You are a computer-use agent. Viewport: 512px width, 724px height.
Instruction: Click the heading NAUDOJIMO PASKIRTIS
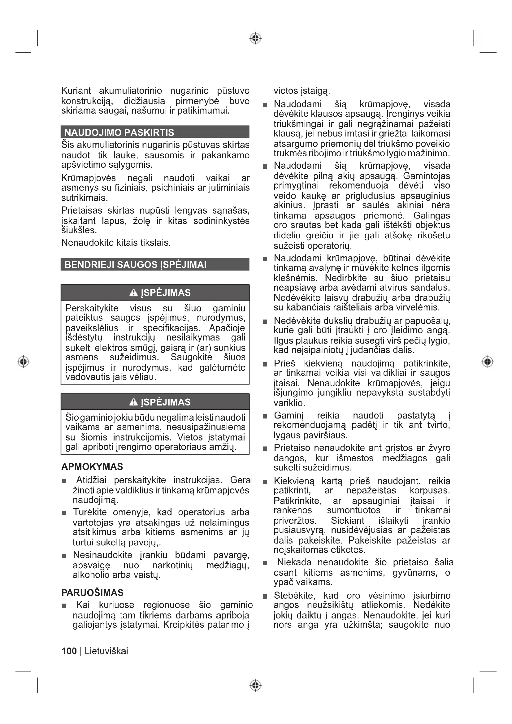coord(119,132)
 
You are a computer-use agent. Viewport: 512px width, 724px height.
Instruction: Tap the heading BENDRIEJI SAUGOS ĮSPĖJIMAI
coord(135,265)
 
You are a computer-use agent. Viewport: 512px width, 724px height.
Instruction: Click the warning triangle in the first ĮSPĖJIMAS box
coord(134,293)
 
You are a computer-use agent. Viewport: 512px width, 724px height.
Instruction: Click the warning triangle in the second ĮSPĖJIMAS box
coord(134,402)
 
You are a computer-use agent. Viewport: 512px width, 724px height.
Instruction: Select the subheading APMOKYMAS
coord(92,467)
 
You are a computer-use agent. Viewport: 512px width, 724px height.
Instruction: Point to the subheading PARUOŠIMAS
coord(92,592)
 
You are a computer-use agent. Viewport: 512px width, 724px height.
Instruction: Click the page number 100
coord(69,651)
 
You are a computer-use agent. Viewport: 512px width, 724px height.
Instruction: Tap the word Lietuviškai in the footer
coord(106,651)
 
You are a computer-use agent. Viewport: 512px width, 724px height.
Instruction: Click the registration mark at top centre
coord(256,38)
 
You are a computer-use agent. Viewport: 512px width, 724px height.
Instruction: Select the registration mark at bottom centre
coord(256,685)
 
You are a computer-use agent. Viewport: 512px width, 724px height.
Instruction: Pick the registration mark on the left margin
coord(23,361)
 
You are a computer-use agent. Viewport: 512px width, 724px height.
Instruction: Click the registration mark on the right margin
coord(488,361)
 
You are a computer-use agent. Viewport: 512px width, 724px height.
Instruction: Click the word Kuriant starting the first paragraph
coord(76,91)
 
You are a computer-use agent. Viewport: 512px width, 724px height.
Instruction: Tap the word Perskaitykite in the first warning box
coord(92,308)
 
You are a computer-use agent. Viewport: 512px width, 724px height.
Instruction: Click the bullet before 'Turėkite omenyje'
coord(64,513)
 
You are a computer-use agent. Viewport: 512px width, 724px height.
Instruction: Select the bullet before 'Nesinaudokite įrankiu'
coord(64,556)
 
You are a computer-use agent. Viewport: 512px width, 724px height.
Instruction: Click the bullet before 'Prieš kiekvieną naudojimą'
coord(265,364)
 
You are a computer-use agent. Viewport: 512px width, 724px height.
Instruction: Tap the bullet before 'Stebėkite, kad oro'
coord(265,596)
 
